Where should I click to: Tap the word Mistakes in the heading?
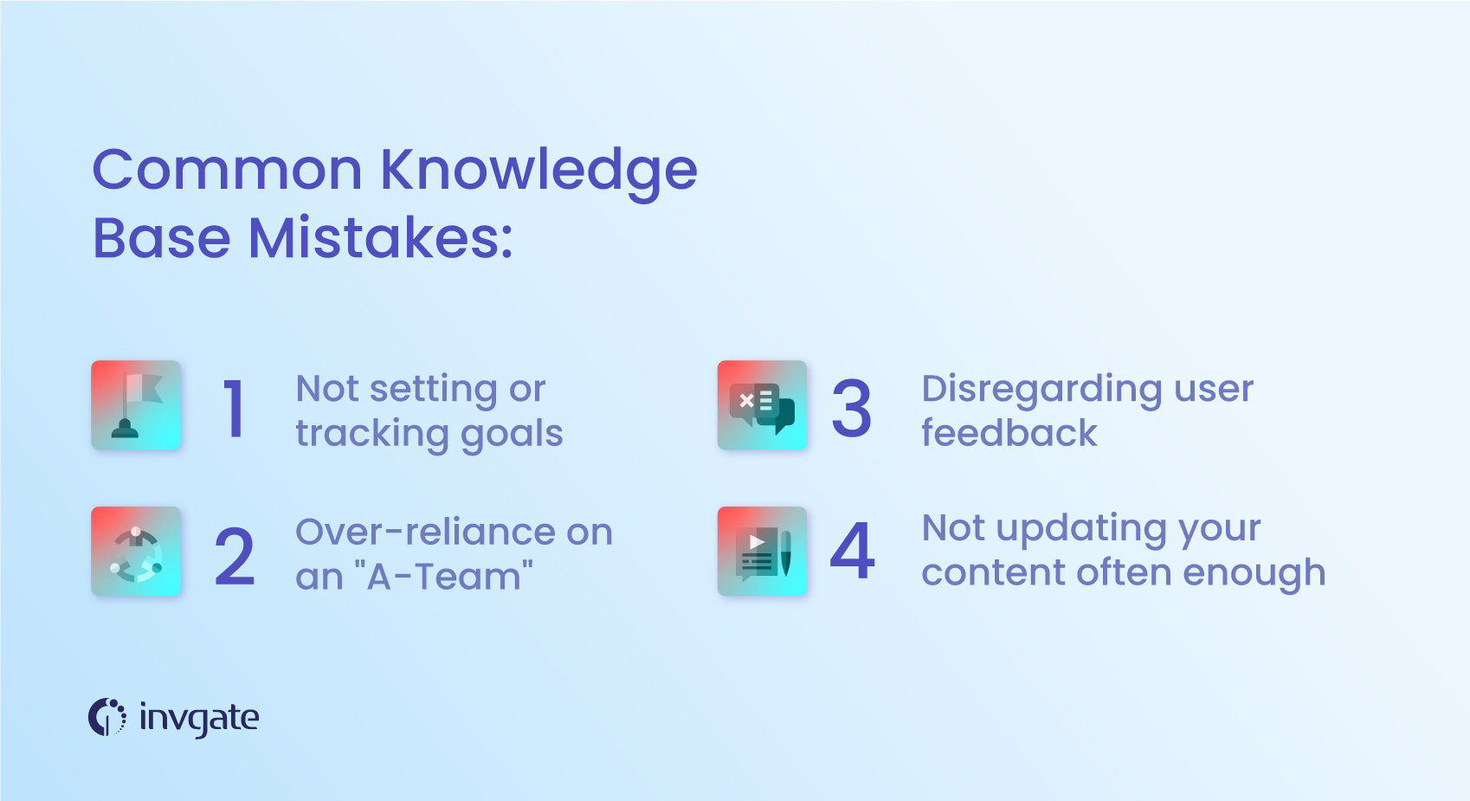(x=380, y=238)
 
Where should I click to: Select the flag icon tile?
(x=136, y=405)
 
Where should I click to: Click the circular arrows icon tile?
(x=136, y=552)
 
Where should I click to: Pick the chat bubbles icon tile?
(x=762, y=405)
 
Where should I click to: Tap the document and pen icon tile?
(x=762, y=552)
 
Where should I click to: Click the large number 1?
(x=234, y=409)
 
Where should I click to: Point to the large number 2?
(x=235, y=557)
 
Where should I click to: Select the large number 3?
(x=851, y=409)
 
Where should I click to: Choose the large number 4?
(x=852, y=552)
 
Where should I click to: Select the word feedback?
(x=1009, y=433)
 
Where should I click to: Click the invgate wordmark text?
(x=199, y=719)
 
